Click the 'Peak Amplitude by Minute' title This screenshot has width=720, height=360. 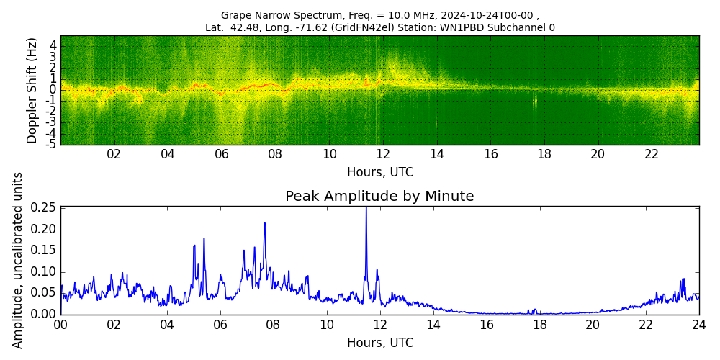(x=379, y=197)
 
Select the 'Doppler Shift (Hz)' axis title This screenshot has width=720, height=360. (x=32, y=90)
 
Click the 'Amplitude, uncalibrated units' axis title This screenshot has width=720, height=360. (x=18, y=260)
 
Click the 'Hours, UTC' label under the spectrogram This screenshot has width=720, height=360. (x=379, y=172)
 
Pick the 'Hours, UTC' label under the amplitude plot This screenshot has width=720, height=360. (x=379, y=343)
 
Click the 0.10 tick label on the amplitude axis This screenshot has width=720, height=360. (x=44, y=271)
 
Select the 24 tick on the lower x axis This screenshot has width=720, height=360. (x=698, y=325)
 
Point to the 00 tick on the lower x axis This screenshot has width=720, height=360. (x=60, y=325)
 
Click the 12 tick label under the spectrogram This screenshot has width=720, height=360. (x=383, y=154)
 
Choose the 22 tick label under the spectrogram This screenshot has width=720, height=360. (x=652, y=154)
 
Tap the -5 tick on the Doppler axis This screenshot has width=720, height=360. (x=52, y=144)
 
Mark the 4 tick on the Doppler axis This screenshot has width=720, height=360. (x=53, y=45)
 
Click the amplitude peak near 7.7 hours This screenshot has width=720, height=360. (x=264, y=224)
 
